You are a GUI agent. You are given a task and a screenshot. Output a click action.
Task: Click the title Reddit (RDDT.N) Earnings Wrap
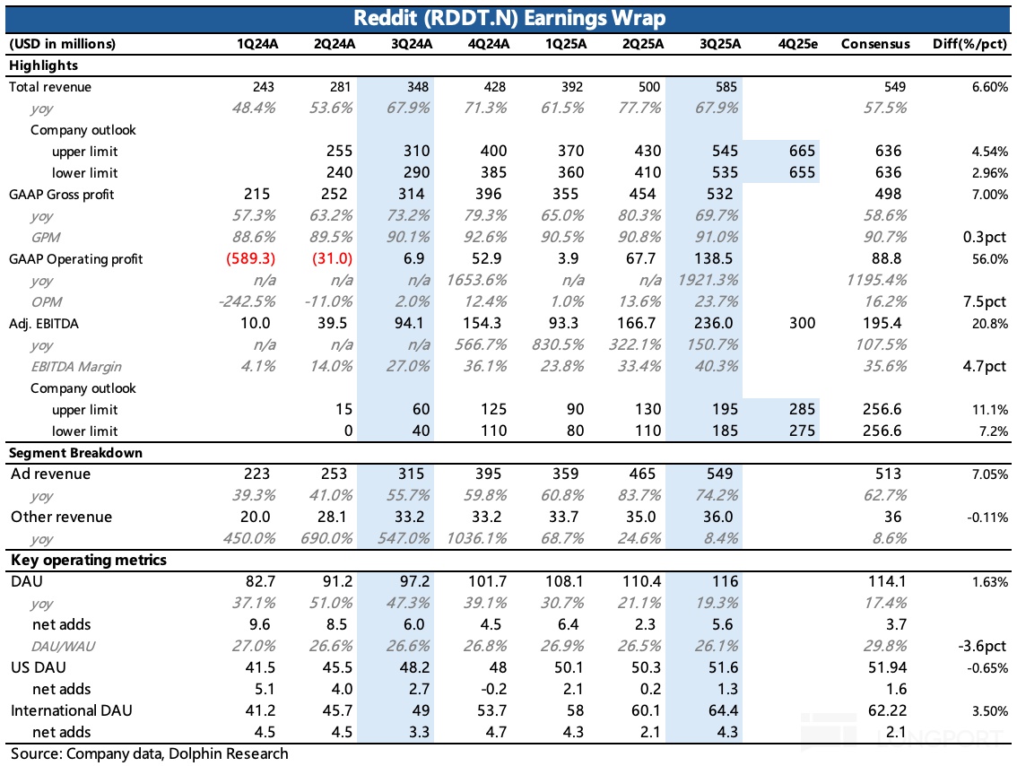point(508,17)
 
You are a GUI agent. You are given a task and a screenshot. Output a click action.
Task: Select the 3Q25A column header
point(719,43)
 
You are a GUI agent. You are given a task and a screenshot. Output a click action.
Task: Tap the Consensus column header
point(874,43)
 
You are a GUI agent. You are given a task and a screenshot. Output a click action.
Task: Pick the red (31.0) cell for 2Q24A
point(333,258)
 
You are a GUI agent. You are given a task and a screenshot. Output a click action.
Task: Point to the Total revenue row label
point(50,87)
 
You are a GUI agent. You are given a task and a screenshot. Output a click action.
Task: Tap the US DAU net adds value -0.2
point(495,689)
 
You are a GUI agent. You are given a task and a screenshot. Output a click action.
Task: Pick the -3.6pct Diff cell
point(980,646)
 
